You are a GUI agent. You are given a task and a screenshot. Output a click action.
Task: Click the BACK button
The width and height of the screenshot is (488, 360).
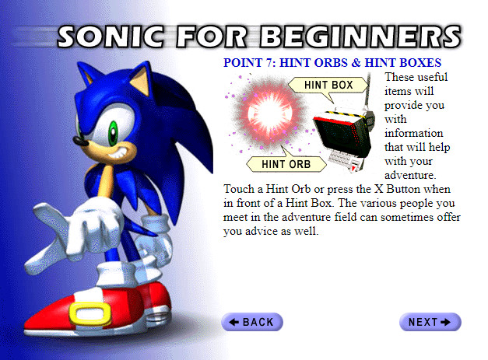[252, 322]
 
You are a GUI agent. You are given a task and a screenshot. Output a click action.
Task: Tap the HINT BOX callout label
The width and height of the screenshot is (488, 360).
[328, 85]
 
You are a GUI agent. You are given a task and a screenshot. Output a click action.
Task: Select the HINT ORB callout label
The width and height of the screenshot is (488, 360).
[286, 164]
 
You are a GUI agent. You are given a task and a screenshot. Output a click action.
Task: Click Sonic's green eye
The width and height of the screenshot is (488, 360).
[113, 133]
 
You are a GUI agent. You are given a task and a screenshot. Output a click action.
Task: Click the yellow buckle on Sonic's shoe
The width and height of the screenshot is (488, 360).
[90, 313]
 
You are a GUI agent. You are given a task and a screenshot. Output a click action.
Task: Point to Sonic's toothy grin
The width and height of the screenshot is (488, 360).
[119, 152]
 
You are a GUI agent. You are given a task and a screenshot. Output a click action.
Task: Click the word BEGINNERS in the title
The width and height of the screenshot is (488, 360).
[360, 37]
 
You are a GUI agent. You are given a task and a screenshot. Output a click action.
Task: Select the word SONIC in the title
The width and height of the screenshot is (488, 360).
[111, 37]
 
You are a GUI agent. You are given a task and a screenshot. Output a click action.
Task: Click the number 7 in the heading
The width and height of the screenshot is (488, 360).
[269, 63]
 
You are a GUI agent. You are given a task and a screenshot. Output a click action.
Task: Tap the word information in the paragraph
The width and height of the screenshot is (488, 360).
[413, 133]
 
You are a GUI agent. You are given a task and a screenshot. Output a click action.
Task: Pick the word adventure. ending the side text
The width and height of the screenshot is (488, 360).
[410, 175]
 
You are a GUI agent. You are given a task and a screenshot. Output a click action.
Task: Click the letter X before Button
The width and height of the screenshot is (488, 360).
[378, 189]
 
